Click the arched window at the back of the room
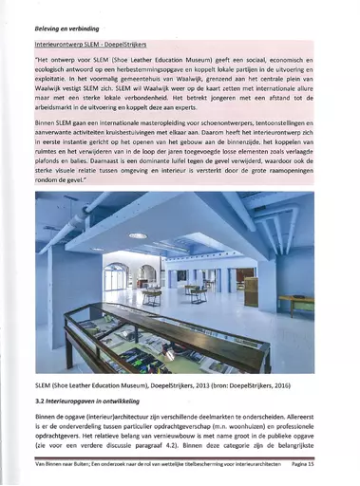[x=148, y=275]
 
